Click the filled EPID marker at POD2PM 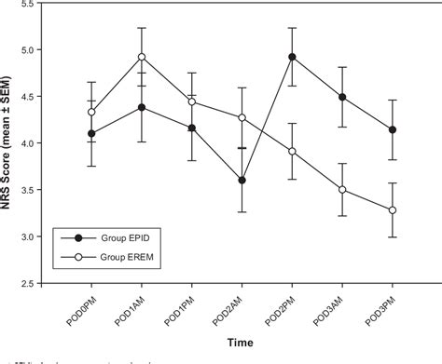(x=292, y=57)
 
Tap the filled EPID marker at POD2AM (x=242, y=181)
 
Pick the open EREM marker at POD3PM (x=393, y=210)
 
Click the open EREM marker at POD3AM (x=342, y=190)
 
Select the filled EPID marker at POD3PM (x=393, y=129)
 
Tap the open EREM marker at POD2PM (x=292, y=151)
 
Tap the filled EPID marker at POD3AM (x=342, y=97)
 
